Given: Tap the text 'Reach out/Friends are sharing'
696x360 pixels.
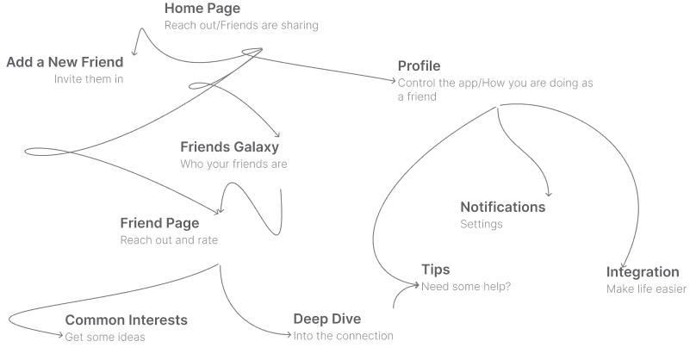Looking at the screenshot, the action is [x=241, y=26].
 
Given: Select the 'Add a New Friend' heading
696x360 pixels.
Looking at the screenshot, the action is [x=65, y=63].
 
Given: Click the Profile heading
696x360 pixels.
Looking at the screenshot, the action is [x=419, y=66].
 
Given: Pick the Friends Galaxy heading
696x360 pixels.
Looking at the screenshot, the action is [x=230, y=147].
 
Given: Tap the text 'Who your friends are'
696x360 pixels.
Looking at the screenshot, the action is [x=233, y=164].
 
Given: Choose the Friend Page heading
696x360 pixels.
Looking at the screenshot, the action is [x=159, y=223].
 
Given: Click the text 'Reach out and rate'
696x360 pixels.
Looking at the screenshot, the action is [x=169, y=240].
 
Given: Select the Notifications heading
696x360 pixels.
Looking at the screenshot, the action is [x=503, y=208].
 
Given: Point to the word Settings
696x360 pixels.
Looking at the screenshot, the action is [x=482, y=224].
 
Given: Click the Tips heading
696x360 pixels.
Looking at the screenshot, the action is [x=435, y=270].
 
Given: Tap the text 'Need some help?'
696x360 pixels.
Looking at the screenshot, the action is [x=466, y=287].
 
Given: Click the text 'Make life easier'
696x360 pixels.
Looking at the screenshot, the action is [x=646, y=289].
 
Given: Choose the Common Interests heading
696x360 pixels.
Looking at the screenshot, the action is [x=127, y=320].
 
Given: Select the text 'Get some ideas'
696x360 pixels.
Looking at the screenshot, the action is [x=105, y=337].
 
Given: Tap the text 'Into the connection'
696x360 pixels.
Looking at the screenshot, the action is [x=343, y=336].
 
